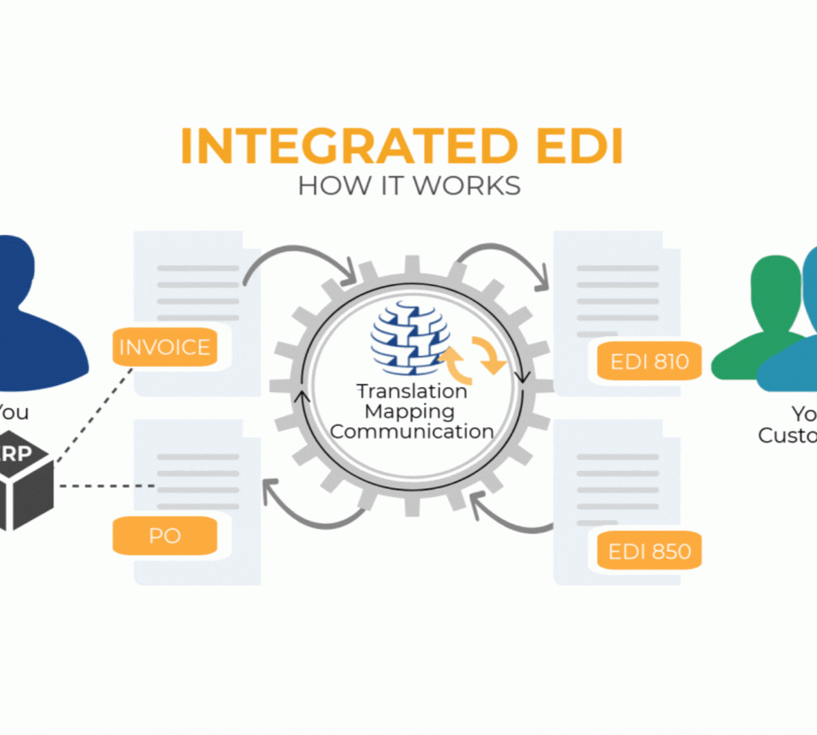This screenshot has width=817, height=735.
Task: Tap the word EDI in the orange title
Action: click(579, 146)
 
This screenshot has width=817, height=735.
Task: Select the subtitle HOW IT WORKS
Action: click(409, 186)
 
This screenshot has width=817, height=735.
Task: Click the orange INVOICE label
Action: click(165, 347)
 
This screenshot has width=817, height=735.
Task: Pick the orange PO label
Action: click(165, 536)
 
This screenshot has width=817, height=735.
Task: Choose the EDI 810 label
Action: click(650, 361)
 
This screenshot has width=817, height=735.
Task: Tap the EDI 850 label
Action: click(650, 551)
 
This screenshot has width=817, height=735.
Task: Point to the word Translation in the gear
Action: click(412, 391)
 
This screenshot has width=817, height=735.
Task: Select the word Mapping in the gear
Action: click(410, 411)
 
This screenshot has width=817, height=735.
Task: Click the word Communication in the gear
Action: click(412, 431)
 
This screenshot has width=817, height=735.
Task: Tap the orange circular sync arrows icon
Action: click(473, 357)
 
